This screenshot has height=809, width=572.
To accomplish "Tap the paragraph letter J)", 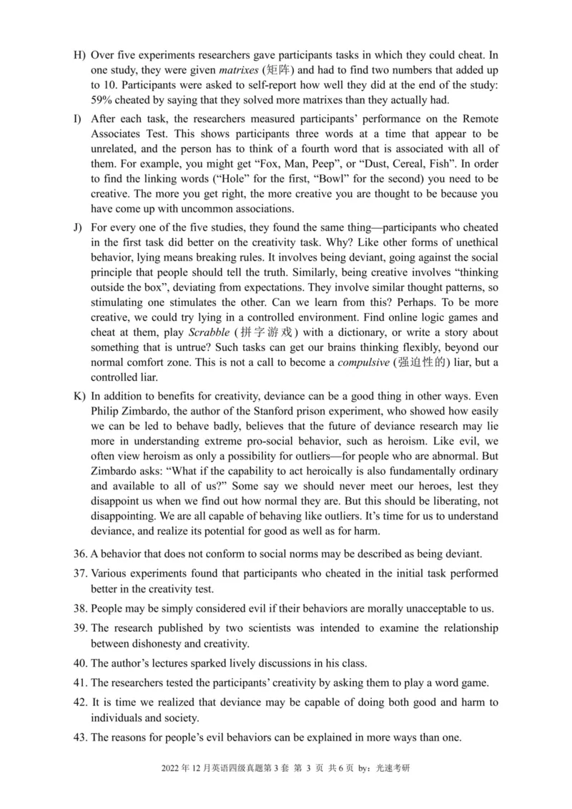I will click(x=78, y=227).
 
